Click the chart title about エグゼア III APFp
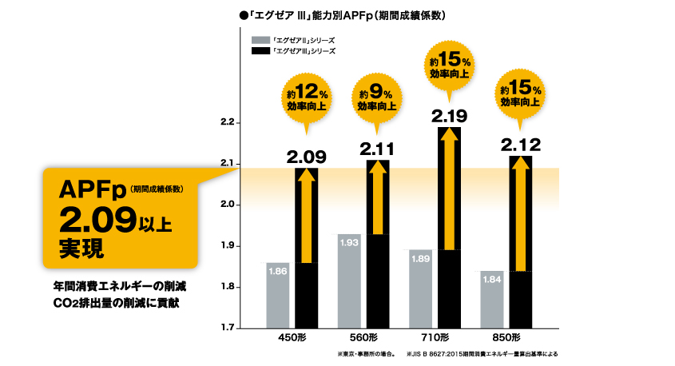(341, 15)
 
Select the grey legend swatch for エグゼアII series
(260, 39)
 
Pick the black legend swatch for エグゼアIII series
(260, 51)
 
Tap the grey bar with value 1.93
(349, 280)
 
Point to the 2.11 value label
(378, 149)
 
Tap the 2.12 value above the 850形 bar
(521, 145)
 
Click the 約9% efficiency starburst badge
(378, 97)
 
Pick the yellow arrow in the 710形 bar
(450, 188)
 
